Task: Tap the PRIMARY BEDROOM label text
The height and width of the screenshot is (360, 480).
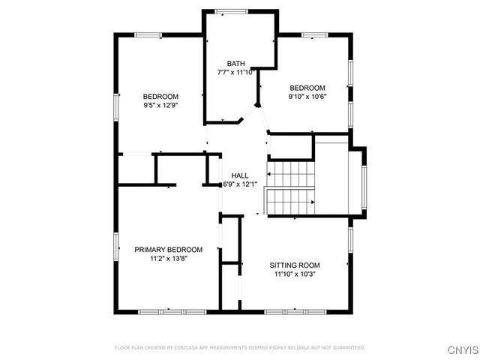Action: click(168, 250)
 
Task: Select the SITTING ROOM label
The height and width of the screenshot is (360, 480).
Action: click(295, 265)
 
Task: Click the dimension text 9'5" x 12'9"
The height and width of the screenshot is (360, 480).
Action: click(160, 105)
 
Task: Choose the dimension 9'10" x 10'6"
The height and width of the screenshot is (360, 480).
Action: click(307, 97)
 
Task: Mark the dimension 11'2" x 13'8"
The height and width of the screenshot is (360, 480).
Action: click(168, 259)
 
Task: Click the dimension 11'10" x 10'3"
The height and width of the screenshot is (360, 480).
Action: click(295, 274)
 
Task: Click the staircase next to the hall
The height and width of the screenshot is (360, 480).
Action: click(290, 187)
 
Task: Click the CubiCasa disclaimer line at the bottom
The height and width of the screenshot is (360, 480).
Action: click(240, 348)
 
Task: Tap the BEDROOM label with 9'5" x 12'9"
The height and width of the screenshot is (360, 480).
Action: click(160, 96)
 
